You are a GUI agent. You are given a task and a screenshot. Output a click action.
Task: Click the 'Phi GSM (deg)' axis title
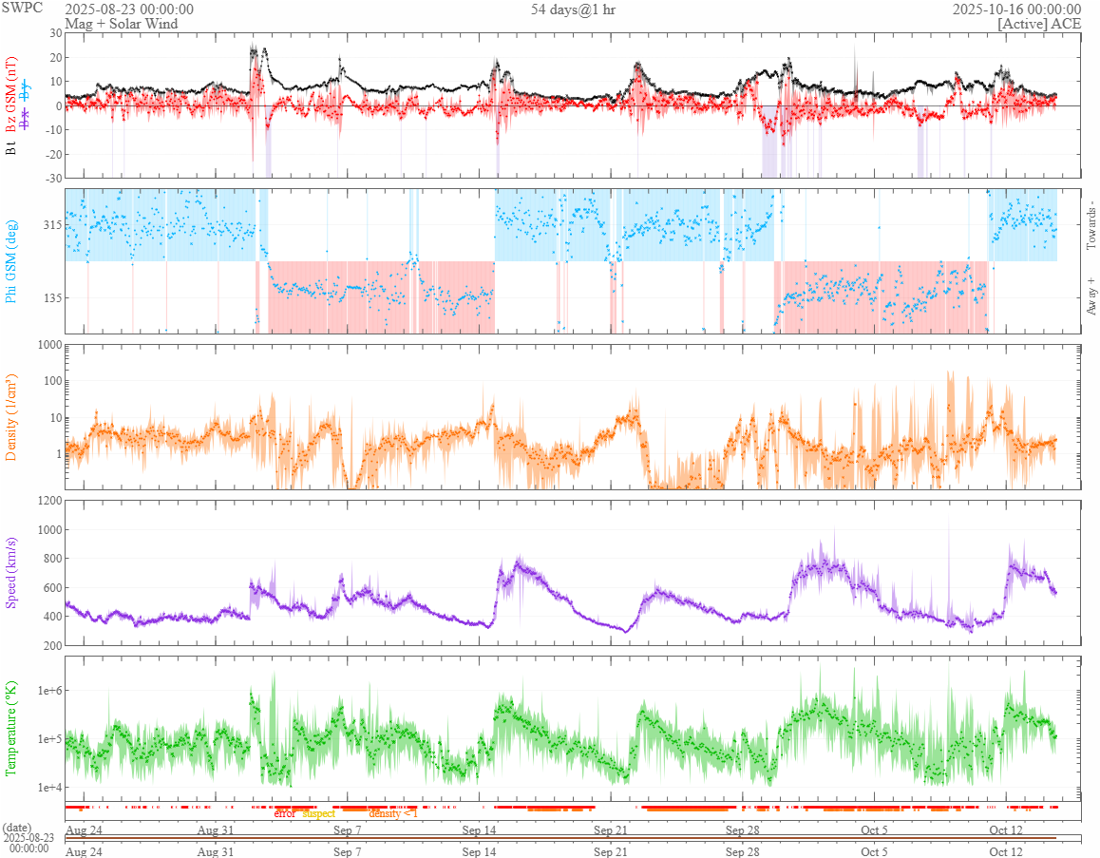(x=11, y=260)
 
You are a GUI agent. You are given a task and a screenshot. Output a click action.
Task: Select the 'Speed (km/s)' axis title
(x=11, y=572)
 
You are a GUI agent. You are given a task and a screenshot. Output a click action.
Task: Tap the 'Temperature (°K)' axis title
(x=11, y=728)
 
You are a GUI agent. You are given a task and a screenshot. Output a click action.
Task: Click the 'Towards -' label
(x=1091, y=225)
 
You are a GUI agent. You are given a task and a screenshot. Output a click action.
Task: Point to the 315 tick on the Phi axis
(x=50, y=225)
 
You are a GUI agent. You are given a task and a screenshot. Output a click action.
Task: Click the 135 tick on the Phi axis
(x=50, y=297)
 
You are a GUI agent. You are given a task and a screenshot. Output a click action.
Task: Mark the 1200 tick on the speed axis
(x=47, y=501)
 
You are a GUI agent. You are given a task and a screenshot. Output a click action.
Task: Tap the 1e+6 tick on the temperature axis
(x=46, y=691)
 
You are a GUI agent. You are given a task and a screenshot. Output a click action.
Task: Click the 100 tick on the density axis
(x=49, y=381)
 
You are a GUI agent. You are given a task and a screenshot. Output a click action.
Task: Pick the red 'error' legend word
(x=285, y=813)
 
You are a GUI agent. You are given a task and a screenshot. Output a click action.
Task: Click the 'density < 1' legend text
(x=392, y=813)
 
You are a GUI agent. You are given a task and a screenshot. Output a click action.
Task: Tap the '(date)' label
(x=19, y=828)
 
